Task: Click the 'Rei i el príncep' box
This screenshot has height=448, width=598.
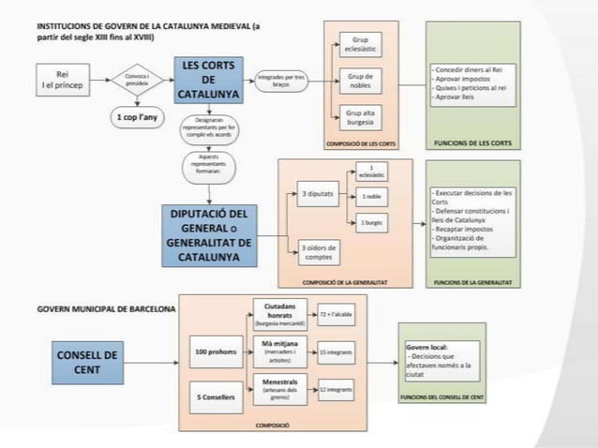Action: [61, 78]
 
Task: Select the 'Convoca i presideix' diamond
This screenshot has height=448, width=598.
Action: [137, 78]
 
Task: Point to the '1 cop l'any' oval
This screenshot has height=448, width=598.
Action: [136, 120]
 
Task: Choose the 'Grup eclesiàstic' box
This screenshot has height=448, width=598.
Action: [360, 44]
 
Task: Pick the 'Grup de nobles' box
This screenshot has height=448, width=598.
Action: [360, 81]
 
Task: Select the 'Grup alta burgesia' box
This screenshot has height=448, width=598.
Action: [360, 118]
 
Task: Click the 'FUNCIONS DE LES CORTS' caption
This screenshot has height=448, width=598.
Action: [473, 143]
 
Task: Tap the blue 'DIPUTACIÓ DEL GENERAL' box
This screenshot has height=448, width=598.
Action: [210, 234]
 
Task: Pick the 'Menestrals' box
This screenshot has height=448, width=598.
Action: [281, 388]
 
